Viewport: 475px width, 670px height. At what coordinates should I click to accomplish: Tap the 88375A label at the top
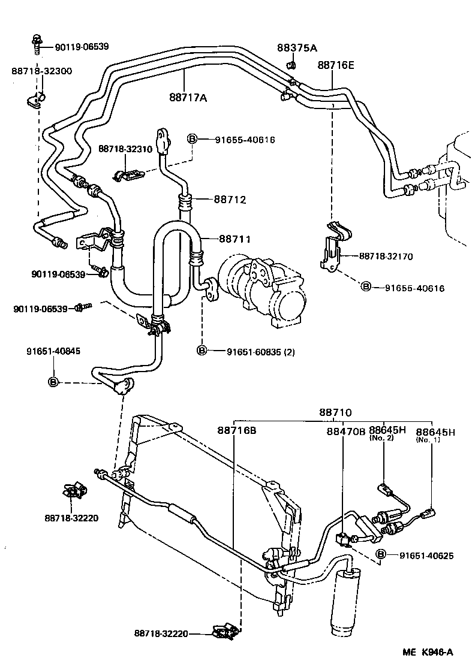pyautogui.click(x=297, y=48)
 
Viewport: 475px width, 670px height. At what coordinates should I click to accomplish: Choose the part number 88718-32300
pyautogui.click(x=41, y=71)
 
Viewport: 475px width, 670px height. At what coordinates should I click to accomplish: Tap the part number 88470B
pyautogui.click(x=346, y=430)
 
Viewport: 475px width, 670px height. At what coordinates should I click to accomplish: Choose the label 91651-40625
pyautogui.click(x=426, y=556)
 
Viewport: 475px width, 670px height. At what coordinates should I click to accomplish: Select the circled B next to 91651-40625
pyautogui.click(x=380, y=556)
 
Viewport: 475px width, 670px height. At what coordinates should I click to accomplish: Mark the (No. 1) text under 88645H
pyautogui.click(x=428, y=439)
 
